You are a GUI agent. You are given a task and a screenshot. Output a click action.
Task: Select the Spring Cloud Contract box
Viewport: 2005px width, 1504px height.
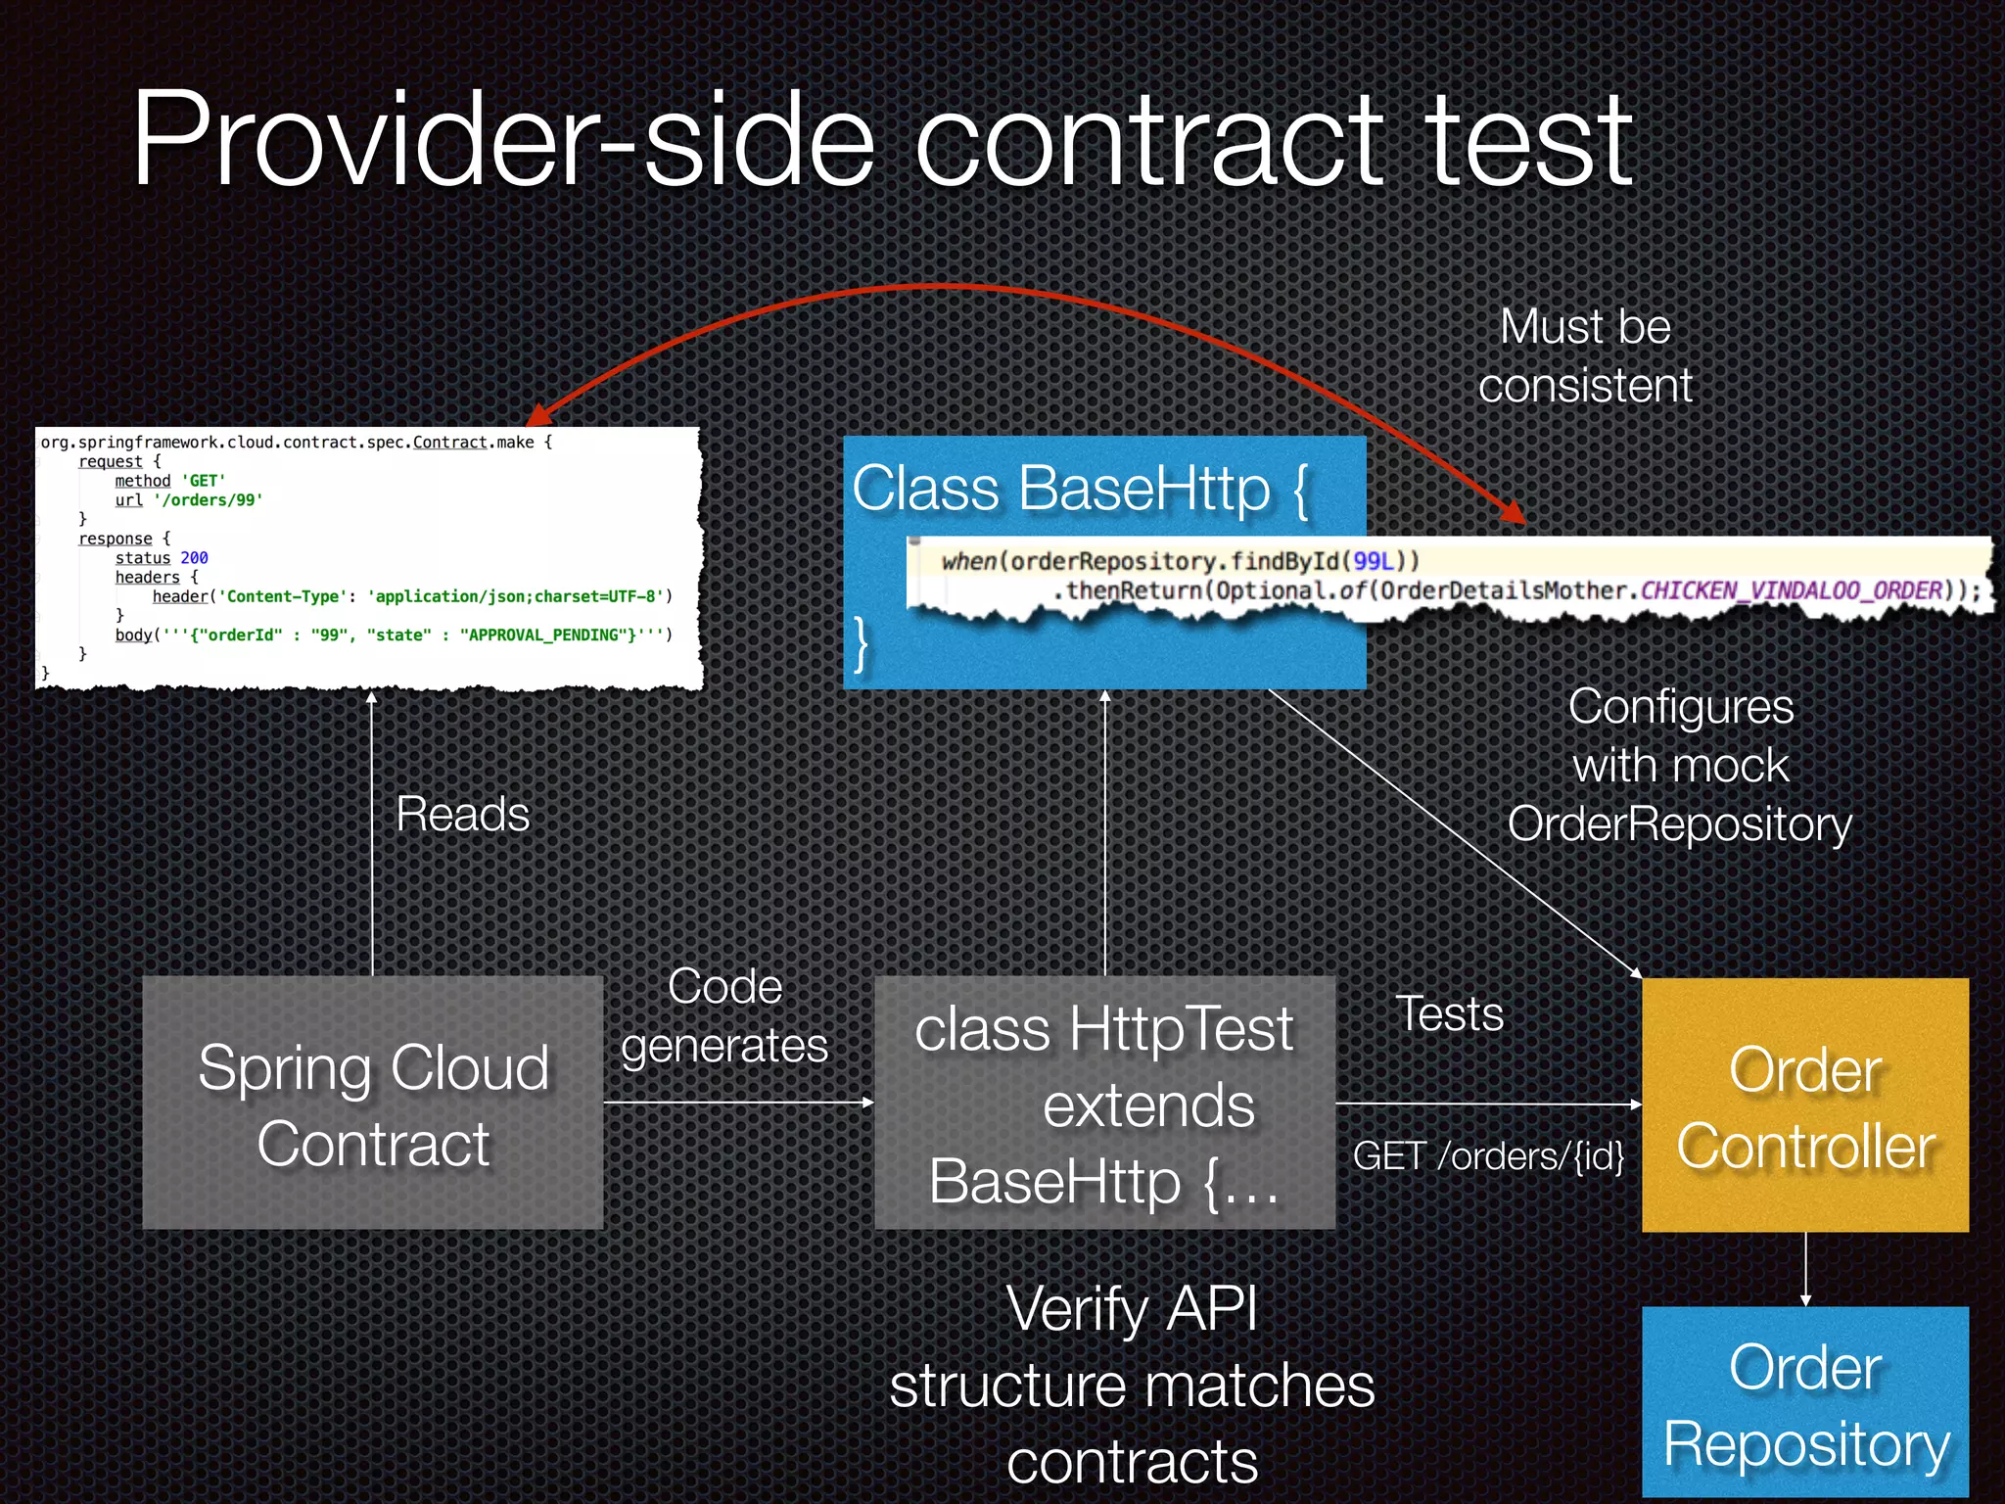[372, 1103]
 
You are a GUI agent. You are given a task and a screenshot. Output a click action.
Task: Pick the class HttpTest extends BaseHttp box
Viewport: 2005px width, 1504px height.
[1104, 1103]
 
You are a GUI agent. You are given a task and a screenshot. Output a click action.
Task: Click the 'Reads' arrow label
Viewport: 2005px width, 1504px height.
[462, 815]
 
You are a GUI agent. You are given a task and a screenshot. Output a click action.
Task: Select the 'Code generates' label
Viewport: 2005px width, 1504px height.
[724, 1015]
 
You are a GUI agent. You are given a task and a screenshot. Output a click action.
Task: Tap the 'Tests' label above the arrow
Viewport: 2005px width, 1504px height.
[1449, 1013]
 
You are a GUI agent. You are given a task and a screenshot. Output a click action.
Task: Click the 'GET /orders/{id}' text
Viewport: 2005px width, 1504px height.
[1488, 1156]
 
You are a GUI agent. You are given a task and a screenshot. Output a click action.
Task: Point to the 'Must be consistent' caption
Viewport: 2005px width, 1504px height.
[1585, 355]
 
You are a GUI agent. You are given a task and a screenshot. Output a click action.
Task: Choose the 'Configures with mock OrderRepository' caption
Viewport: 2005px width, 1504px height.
[1680, 766]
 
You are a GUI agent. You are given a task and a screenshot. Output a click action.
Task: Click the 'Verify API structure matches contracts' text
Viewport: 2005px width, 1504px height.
[1132, 1385]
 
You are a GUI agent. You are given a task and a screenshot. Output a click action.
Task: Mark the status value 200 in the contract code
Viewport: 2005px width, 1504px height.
[194, 558]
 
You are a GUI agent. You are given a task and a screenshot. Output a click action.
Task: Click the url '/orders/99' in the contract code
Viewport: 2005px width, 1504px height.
[208, 500]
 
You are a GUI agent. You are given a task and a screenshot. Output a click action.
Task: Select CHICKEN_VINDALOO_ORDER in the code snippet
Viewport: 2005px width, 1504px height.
[1791, 590]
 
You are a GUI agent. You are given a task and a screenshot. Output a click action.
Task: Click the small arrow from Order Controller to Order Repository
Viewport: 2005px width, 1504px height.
[1805, 1269]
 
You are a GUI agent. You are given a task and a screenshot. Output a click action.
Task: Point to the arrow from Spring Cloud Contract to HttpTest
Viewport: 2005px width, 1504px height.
[738, 1103]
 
